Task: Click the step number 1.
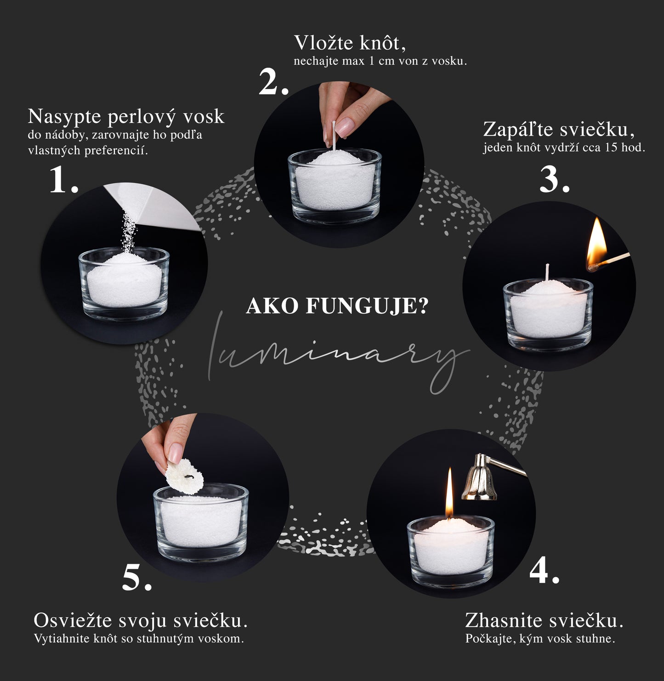pyautogui.click(x=64, y=179)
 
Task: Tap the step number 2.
pyautogui.click(x=274, y=82)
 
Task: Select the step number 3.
pyautogui.click(x=555, y=179)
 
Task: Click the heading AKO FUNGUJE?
pyautogui.click(x=337, y=306)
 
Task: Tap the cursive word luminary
pyautogui.click(x=338, y=353)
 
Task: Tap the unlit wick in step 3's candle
pyautogui.click(x=547, y=272)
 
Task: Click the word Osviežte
pyautogui.click(x=73, y=620)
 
